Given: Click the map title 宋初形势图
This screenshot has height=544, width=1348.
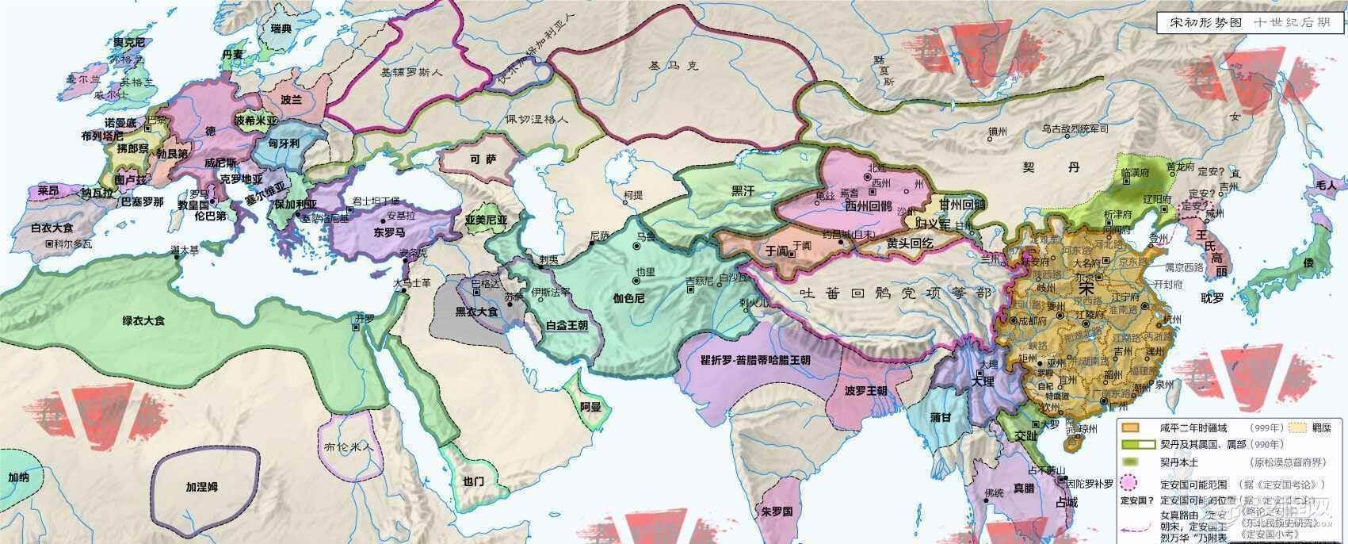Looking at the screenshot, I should click(x=1197, y=23).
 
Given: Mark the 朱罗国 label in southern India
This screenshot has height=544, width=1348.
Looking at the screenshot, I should click(x=777, y=511).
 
